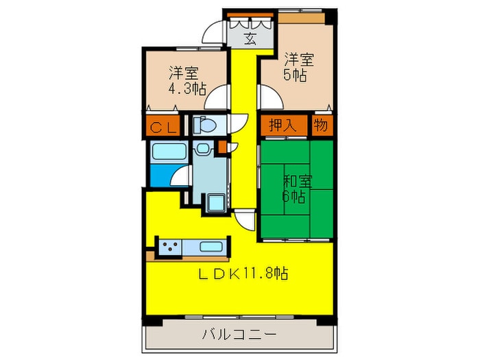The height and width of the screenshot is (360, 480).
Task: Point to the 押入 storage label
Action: coord(283,126)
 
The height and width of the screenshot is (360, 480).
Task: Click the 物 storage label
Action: coord(320,125)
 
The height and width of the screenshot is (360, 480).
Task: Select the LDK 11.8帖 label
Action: coord(242,274)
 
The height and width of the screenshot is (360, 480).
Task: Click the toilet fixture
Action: coord(204,125)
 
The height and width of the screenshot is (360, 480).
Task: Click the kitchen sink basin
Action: coord(210,246)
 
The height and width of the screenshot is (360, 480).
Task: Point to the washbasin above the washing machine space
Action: coord(204,150)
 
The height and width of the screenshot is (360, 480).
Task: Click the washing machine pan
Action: coord(213,202)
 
